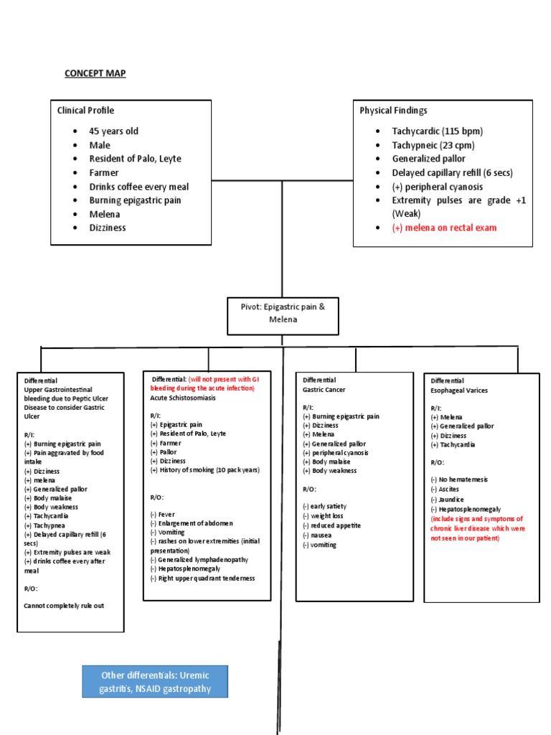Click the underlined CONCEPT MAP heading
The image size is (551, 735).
[95, 73]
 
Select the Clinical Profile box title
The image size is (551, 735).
[85, 111]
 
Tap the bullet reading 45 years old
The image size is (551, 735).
[113, 131]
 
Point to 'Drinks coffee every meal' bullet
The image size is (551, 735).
[138, 187]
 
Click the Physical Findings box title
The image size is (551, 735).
[393, 111]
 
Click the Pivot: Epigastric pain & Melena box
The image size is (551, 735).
[283, 313]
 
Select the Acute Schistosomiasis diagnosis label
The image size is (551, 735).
[182, 397]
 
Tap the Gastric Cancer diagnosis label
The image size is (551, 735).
[324, 389]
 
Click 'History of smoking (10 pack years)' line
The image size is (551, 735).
[204, 470]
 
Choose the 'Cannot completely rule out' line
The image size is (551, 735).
[64, 606]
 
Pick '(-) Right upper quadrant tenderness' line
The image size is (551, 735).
[202, 579]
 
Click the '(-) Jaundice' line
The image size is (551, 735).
[447, 500]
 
